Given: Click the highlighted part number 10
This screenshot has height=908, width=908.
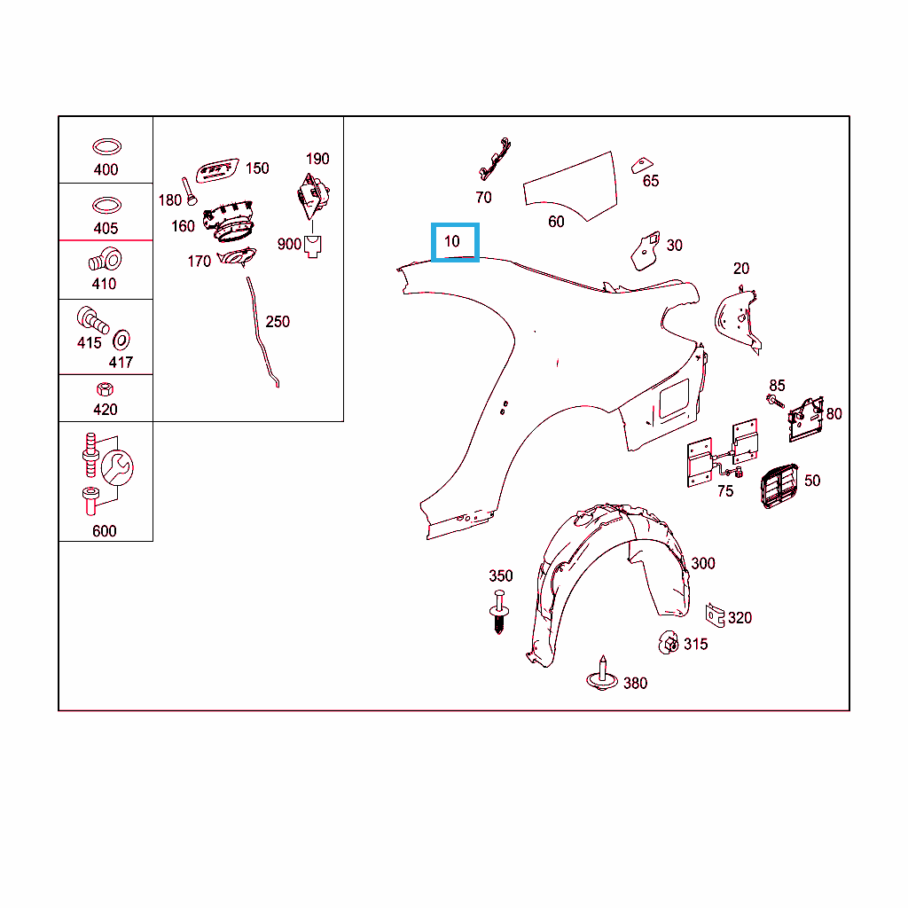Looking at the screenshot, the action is coord(451,241).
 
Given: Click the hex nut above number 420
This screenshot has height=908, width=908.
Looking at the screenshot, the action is coord(105,388).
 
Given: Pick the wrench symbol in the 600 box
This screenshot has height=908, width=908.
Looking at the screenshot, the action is coord(117,467).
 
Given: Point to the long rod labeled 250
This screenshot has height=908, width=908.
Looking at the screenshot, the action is coord(262,333).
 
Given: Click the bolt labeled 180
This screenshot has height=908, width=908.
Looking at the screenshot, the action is coord(189,192).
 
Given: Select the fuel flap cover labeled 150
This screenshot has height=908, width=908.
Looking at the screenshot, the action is coord(217,170).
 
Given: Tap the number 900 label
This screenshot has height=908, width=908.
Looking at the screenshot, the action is coord(289,245).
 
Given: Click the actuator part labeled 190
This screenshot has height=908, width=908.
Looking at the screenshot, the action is coord(313,196).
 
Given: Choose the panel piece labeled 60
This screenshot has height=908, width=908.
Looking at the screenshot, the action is coord(570,184).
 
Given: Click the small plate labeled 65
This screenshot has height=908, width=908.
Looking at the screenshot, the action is coord(642,165).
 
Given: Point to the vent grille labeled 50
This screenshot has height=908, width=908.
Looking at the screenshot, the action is coord(779,485).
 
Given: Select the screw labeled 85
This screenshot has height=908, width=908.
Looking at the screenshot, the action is coord(775,401).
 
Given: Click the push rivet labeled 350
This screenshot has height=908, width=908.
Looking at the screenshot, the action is coord(499,612).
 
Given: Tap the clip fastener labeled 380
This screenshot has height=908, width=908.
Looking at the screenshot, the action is coord(602,674).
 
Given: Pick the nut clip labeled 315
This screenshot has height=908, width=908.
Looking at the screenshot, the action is coord(669,643).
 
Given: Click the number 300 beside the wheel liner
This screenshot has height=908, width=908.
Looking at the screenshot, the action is coord(703,563).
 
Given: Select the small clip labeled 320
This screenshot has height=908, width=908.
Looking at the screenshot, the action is coord(716,615).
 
